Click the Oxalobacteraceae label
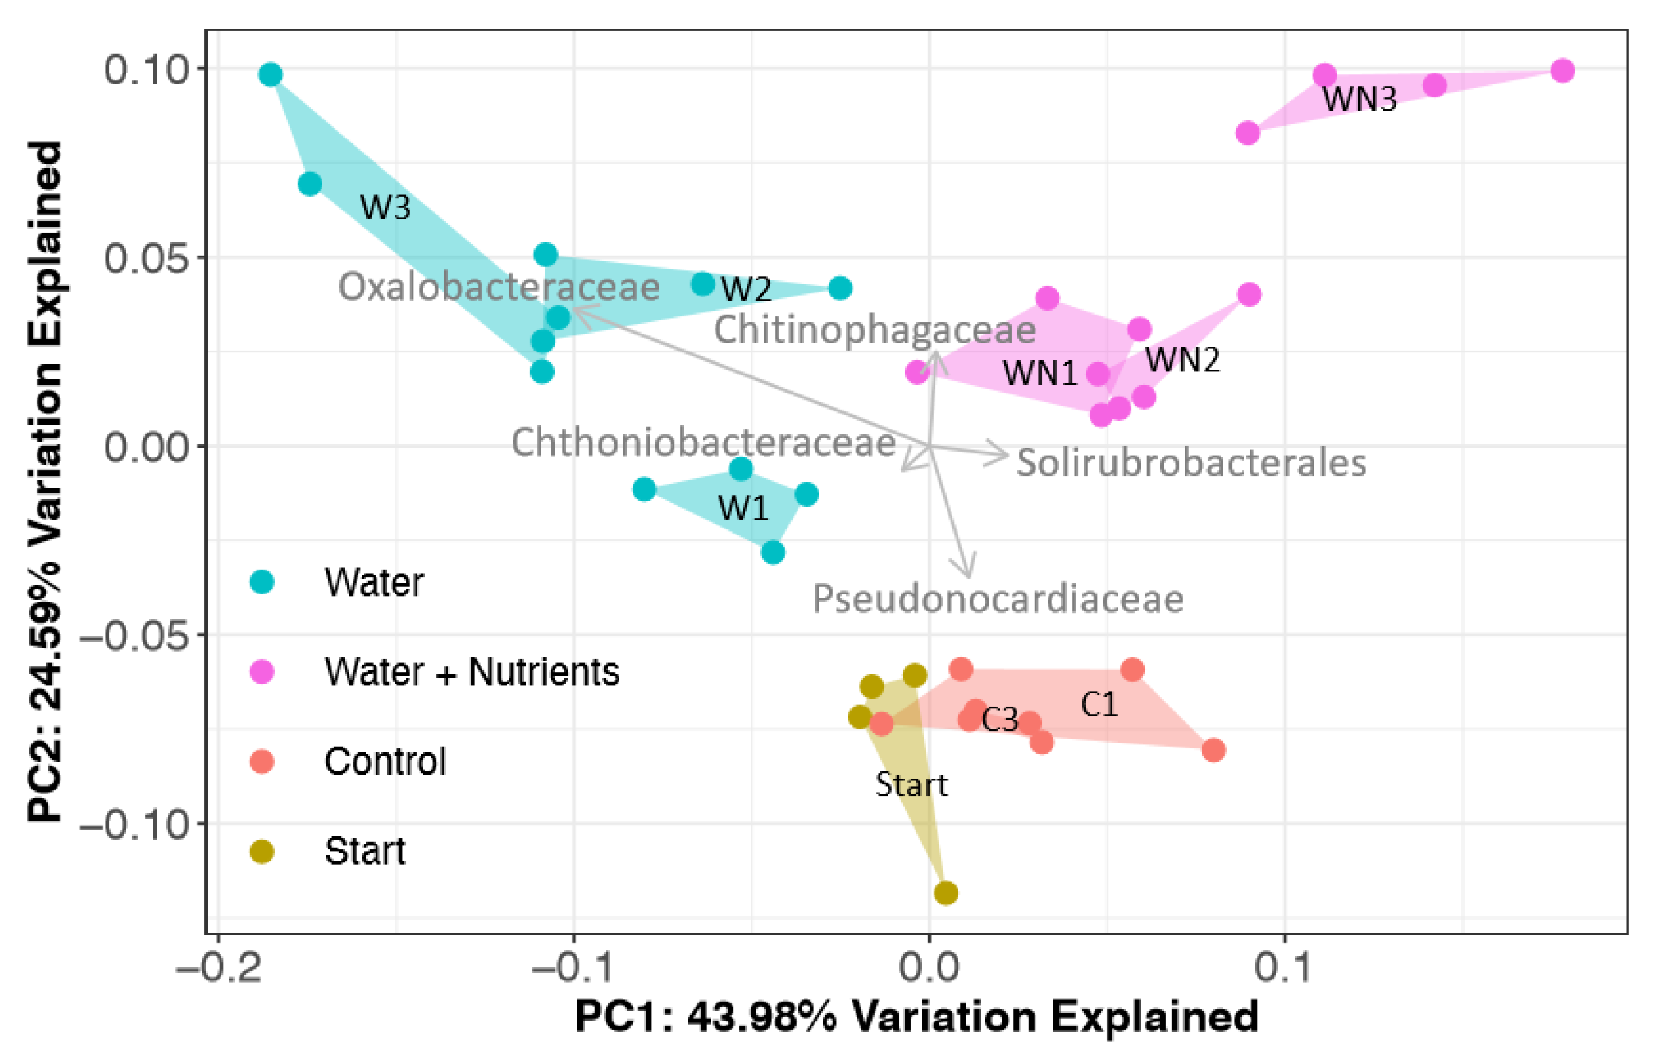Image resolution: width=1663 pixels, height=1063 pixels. pyautogui.click(x=499, y=287)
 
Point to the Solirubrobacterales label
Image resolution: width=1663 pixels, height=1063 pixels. pyautogui.click(x=1191, y=462)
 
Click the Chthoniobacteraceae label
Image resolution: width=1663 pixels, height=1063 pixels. pyautogui.click(x=703, y=442)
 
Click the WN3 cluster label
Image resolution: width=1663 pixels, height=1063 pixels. pyautogui.click(x=1359, y=99)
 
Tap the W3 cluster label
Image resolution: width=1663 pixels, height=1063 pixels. pyautogui.click(x=385, y=207)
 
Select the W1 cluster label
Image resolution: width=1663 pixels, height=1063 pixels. pyautogui.click(x=743, y=509)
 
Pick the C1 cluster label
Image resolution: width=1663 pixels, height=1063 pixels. pyautogui.click(x=1099, y=705)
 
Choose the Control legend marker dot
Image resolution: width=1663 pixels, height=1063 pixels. pyautogui.click(x=261, y=762)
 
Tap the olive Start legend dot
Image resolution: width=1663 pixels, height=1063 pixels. pyautogui.click(x=261, y=851)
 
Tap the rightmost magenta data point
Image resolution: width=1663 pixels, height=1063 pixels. pyautogui.click(x=1562, y=70)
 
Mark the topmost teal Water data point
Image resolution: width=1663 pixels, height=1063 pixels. pyautogui.click(x=271, y=74)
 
